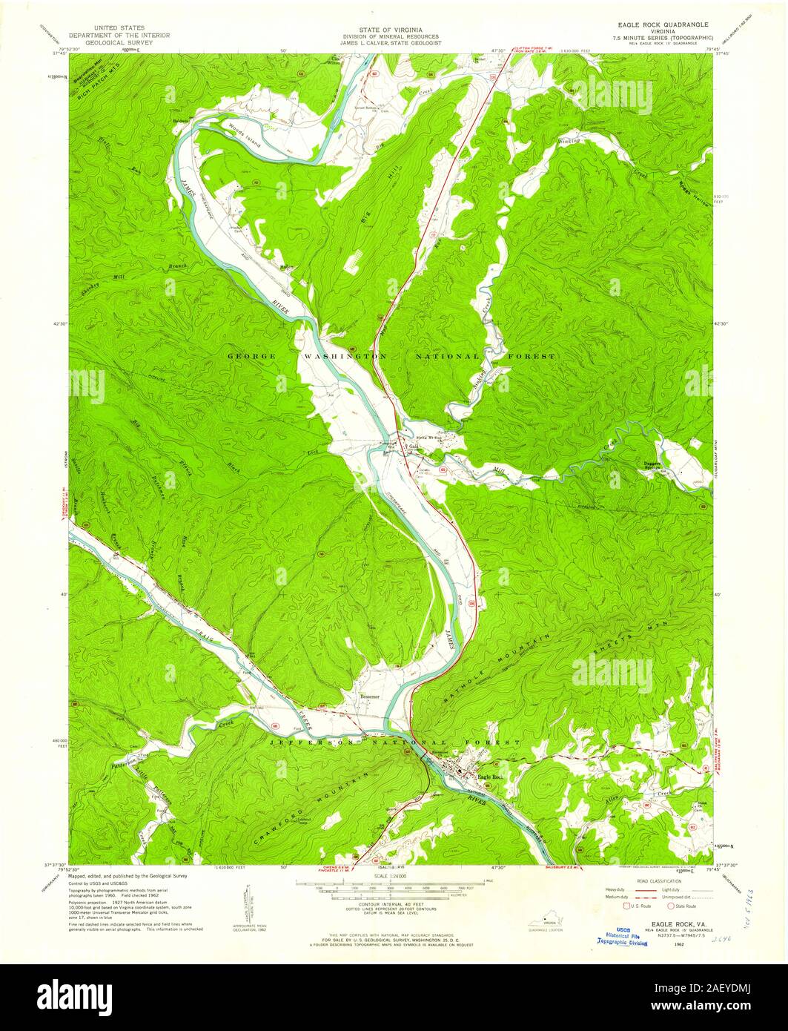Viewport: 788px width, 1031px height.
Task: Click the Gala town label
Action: [414, 447]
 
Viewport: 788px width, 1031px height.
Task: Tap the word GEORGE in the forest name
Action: [252, 357]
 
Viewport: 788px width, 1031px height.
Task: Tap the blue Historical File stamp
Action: [623, 938]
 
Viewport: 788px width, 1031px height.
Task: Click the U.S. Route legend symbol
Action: [627, 906]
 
